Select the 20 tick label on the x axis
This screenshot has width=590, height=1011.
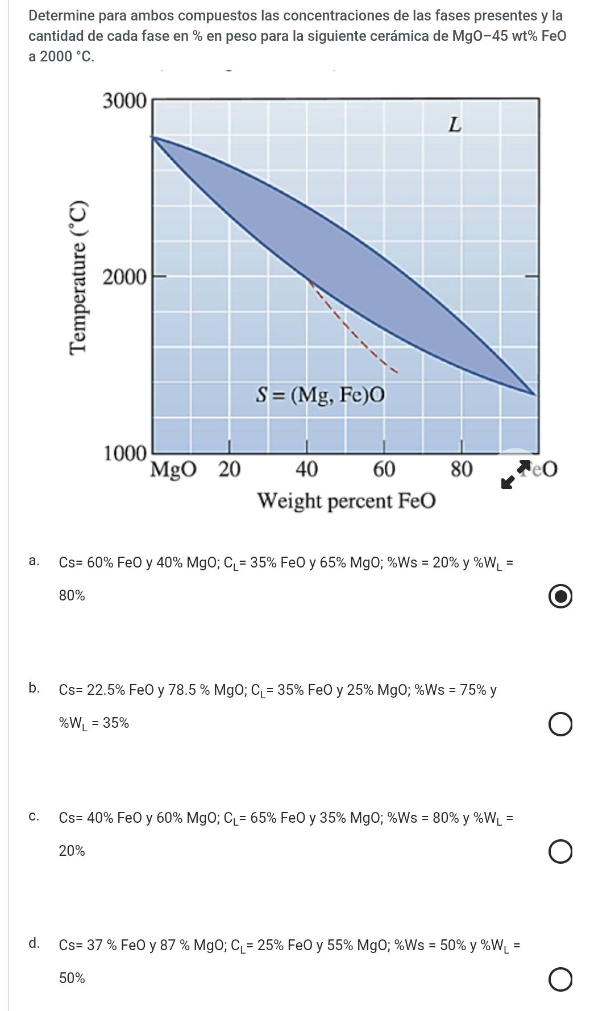(x=230, y=470)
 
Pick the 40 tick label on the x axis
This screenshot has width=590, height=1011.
(x=306, y=470)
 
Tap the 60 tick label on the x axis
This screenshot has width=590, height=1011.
(x=384, y=470)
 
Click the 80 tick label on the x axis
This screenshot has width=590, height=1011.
(x=461, y=470)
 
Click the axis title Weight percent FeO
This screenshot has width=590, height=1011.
(x=347, y=502)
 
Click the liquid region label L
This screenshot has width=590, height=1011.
(x=454, y=125)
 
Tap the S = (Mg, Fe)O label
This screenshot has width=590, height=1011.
(x=320, y=395)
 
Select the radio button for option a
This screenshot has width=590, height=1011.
(x=560, y=597)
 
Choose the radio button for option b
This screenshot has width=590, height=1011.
(x=560, y=725)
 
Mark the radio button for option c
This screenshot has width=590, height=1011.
(x=560, y=852)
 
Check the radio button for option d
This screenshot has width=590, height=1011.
(x=560, y=980)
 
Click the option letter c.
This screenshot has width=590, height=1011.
(x=34, y=817)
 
